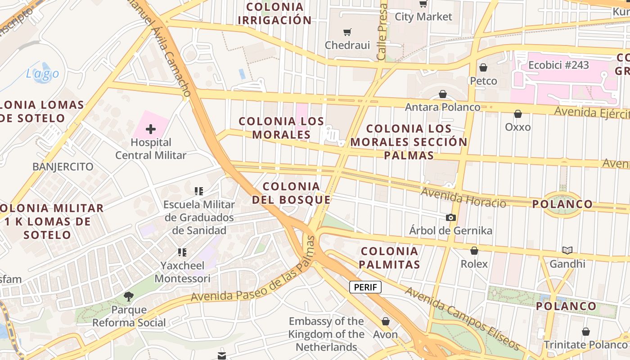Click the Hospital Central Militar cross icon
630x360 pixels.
tap(151, 130)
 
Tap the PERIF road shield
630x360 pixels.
tap(365, 287)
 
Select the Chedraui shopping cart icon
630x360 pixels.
tap(347, 32)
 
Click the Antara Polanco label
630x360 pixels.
tap(442, 107)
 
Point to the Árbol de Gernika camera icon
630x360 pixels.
tap(450, 217)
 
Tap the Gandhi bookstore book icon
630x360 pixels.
tap(567, 250)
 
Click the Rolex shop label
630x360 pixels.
tap(474, 264)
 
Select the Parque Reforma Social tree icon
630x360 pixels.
tap(129, 296)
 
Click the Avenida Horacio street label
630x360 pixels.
tap(463, 198)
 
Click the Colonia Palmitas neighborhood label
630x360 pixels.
tap(390, 258)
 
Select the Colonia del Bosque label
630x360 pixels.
tap(291, 193)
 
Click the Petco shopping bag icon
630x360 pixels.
tap(483, 68)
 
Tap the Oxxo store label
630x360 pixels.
tap(517, 127)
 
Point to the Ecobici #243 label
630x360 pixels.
tap(558, 65)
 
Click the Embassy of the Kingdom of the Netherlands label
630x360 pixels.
tap(326, 334)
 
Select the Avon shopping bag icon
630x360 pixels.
tap(385, 321)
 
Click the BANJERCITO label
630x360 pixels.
tap(63, 166)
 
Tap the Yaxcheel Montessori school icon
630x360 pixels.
tap(182, 252)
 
